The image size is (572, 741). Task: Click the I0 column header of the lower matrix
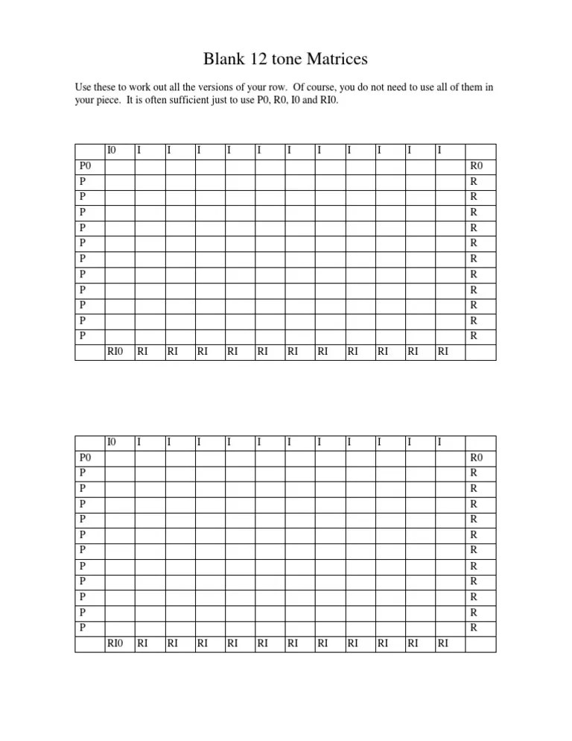[x=112, y=442]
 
